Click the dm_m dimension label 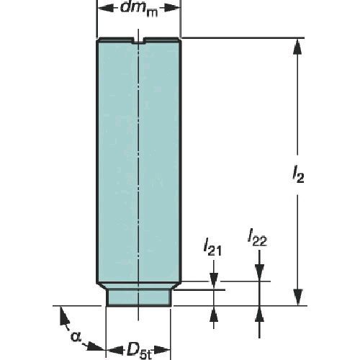click(139, 9)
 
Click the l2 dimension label click(298, 175)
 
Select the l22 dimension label click(257, 238)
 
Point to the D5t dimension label click(139, 351)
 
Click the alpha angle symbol click(76, 336)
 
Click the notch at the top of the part click(138, 41)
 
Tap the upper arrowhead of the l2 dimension click(297, 47)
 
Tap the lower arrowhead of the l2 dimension click(298, 297)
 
